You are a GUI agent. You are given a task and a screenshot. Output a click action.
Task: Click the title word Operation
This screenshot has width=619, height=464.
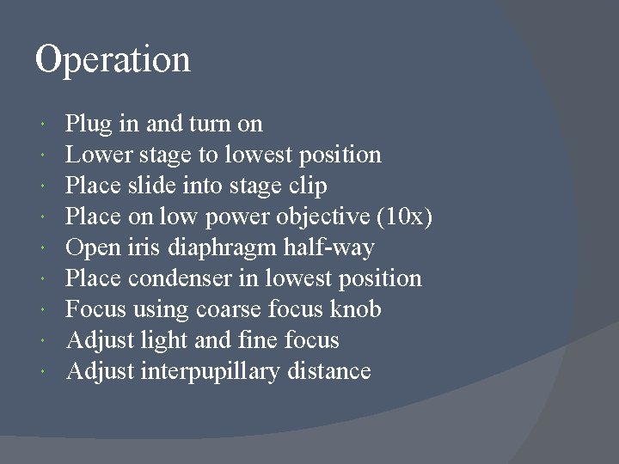click(x=113, y=60)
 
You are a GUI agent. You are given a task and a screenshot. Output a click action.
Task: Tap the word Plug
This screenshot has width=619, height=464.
click(x=89, y=125)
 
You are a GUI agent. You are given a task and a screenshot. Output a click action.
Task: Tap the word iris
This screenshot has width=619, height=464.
click(x=150, y=247)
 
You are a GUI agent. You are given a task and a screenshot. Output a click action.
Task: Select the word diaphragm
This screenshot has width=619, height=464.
click(x=211, y=248)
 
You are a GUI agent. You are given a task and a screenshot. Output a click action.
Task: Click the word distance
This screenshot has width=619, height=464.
click(x=329, y=371)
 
